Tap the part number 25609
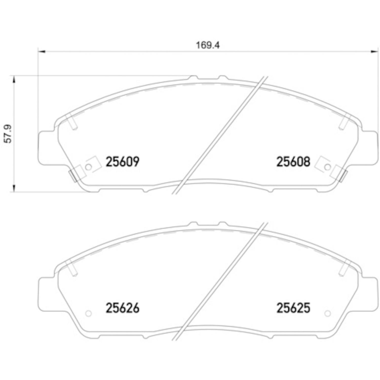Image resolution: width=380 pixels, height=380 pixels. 122,162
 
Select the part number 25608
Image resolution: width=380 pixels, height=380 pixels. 293,162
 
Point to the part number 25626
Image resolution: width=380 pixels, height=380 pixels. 122,308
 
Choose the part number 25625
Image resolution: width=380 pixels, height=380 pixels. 293,308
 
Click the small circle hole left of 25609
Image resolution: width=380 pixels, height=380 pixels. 88,167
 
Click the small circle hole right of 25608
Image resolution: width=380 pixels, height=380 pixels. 327,167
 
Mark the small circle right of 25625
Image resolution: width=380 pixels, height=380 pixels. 327,314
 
